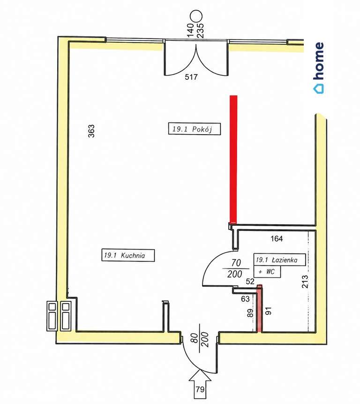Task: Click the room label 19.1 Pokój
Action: click(x=194, y=129)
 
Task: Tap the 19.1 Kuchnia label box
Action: click(x=128, y=255)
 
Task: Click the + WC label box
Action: click(x=267, y=272)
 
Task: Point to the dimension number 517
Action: click(x=191, y=77)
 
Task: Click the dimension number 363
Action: click(x=91, y=131)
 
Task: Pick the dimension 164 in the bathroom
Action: click(x=277, y=238)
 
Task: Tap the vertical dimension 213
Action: click(x=304, y=282)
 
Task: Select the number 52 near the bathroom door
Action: click(x=250, y=282)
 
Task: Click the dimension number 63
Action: click(x=245, y=298)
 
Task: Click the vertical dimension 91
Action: click(x=269, y=311)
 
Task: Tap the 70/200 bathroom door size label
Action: click(x=235, y=268)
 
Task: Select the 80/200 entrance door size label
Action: click(x=200, y=340)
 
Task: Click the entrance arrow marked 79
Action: click(x=200, y=385)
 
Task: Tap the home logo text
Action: click(x=319, y=68)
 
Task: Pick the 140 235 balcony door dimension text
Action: click(x=195, y=30)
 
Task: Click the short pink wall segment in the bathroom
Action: click(x=260, y=308)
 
